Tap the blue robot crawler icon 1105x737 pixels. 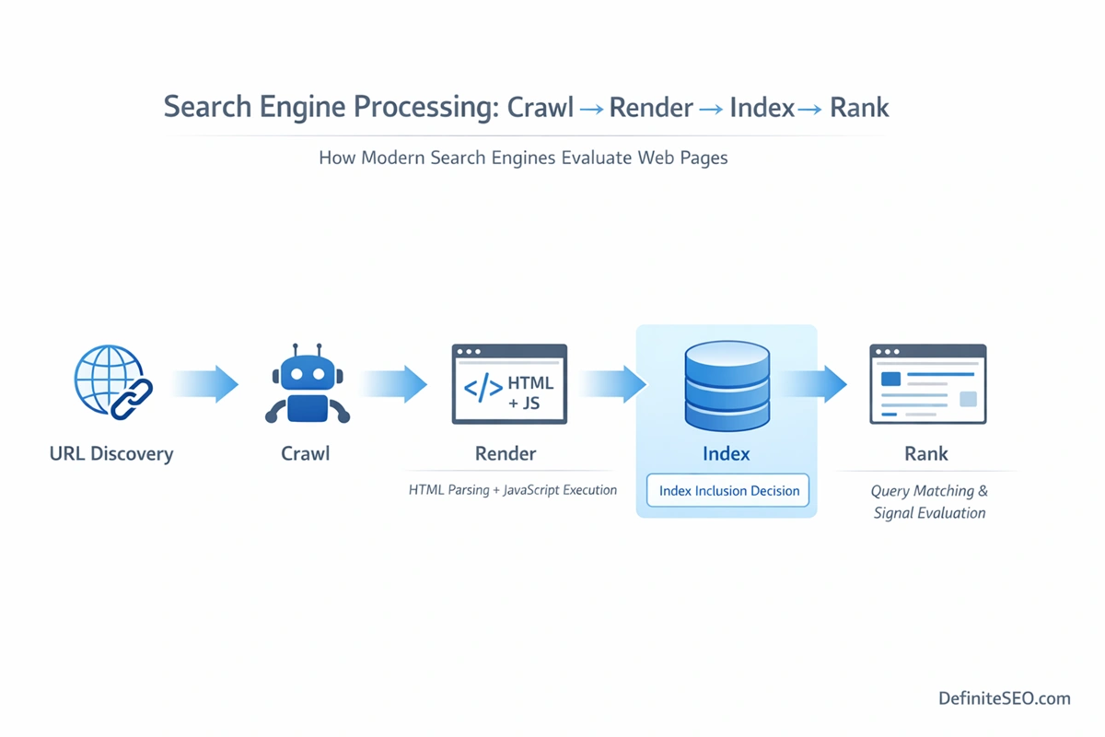(x=307, y=385)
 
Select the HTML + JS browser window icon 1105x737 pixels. (x=509, y=384)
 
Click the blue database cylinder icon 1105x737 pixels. (x=727, y=385)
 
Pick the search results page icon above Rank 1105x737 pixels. (x=927, y=384)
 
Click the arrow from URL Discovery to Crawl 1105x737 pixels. (x=205, y=383)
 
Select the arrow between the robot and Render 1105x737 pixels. (x=394, y=384)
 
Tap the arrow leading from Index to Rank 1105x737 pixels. (x=814, y=384)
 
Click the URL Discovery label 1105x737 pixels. (x=111, y=453)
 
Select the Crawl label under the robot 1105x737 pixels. (x=306, y=453)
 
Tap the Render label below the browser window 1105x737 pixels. (x=506, y=453)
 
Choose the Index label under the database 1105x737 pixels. (x=727, y=453)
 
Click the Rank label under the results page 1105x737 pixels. (x=926, y=453)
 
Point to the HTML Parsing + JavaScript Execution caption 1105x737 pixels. (x=513, y=490)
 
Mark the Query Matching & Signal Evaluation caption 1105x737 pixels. (x=929, y=502)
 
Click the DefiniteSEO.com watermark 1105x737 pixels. (x=1005, y=698)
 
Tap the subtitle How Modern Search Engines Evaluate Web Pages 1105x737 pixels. (x=523, y=158)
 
